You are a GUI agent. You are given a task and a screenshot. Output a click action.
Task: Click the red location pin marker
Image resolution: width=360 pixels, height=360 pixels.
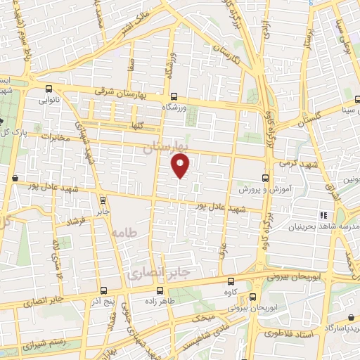(181, 165)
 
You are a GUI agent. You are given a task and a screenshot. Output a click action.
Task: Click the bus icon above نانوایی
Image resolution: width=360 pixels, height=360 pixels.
(49, 89)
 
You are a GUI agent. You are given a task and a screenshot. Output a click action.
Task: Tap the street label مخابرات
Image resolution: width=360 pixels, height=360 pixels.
(58, 136)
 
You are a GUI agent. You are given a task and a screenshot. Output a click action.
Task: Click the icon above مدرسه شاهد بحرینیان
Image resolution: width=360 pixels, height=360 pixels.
(323, 215)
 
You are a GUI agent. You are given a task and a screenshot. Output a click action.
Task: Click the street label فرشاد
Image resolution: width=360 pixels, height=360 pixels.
(75, 221)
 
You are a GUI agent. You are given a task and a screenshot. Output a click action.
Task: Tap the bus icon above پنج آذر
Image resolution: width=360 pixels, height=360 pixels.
(104, 290)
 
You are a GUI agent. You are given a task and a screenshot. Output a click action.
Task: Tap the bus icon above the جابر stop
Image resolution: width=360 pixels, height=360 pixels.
(103, 200)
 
